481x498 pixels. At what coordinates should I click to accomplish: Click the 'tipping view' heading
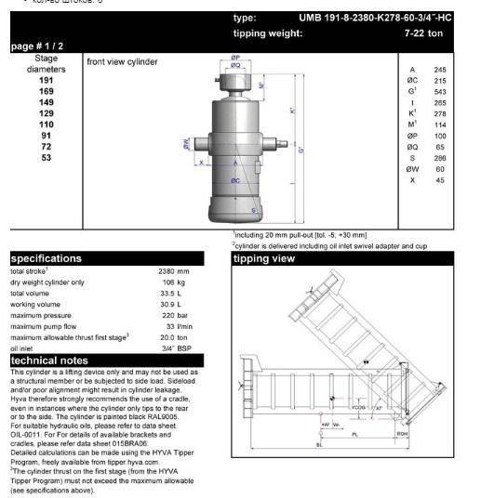(x=265, y=259)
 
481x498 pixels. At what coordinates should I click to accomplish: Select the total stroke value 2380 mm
(x=167, y=270)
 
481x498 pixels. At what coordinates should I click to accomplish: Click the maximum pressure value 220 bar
(x=167, y=314)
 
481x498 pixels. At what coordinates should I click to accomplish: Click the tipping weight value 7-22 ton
(x=439, y=34)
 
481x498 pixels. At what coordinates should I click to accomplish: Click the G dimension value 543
(x=441, y=92)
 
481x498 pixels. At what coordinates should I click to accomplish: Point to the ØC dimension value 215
(x=441, y=81)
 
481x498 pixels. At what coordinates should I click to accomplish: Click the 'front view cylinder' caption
(x=122, y=61)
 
